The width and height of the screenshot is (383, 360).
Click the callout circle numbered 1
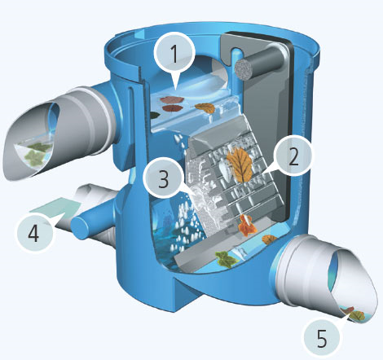pos(174,54)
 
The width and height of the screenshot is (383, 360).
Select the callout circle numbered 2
pos(293,157)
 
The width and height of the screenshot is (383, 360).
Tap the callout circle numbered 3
pos(163,178)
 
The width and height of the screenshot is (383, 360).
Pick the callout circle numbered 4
pos(34,234)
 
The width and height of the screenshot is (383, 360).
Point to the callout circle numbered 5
pos(322,338)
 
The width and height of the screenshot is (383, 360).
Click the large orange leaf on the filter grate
pos(240,165)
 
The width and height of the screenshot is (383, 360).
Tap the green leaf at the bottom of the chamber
pos(227,259)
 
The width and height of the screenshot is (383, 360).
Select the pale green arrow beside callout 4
pos(55,209)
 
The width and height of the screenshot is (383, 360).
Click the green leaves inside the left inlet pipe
pos(37,153)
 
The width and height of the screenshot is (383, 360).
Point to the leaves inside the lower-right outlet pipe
pos(353,314)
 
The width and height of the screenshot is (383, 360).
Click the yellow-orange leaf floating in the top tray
pos(205,108)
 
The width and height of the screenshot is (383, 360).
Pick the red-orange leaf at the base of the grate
pos(247,225)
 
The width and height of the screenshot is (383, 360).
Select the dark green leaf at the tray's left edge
pos(154,116)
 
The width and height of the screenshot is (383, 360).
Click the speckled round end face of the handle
pos(244,70)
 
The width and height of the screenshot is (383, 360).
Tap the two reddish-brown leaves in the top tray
pos(172,104)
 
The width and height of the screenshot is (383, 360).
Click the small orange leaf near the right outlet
pos(270,239)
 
